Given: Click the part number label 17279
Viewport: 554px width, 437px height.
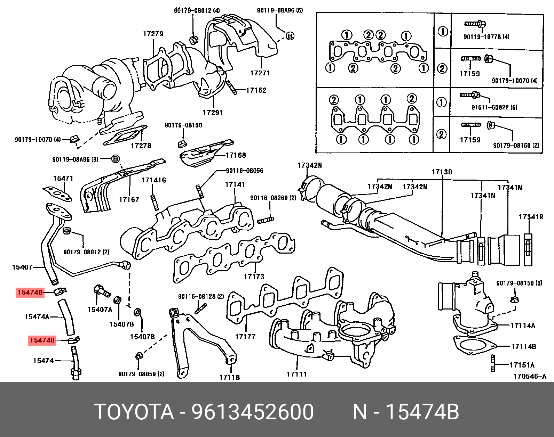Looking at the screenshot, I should (153, 34).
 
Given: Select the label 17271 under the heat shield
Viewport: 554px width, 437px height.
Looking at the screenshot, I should (260, 73).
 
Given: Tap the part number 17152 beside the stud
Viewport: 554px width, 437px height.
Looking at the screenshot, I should (256, 90).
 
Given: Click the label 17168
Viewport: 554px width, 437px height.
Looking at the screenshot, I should (236, 155).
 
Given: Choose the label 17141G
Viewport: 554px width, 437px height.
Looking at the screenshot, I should (154, 180).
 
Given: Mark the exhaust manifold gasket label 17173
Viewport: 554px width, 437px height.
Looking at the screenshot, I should (254, 277).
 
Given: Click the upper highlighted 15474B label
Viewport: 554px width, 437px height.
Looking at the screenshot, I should (30, 292).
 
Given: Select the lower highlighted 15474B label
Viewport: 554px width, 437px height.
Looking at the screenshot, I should (42, 340).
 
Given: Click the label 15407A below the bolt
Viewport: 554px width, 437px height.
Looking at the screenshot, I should (100, 309).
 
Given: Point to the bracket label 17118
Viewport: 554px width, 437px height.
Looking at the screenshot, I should (229, 377).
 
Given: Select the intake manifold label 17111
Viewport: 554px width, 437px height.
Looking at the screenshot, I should (296, 374).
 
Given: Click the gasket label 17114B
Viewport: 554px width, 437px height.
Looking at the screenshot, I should (523, 346).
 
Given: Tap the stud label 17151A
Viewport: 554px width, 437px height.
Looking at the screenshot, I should (522, 365).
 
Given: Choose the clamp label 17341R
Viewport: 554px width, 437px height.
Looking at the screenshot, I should (531, 217).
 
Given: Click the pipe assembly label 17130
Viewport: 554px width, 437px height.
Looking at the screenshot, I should (442, 172).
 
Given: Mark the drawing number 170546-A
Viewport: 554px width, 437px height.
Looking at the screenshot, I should (530, 376).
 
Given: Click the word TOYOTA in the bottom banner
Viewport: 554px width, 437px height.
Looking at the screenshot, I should (134, 412).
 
